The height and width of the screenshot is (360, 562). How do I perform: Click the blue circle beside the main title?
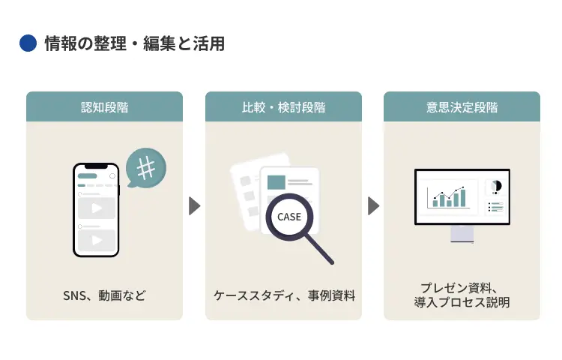tap(28, 44)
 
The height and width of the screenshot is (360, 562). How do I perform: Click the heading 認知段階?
tap(104, 107)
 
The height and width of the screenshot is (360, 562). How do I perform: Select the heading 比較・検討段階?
tap(283, 107)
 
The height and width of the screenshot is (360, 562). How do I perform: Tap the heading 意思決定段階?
tap(462, 107)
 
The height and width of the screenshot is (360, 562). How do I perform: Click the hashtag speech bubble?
tap(145, 167)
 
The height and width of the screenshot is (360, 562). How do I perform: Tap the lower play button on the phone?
tap(97, 240)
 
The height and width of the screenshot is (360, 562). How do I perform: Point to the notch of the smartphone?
tap(96, 166)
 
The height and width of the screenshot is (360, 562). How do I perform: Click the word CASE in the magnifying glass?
tap(289, 217)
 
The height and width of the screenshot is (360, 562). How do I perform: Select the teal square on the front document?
tap(277, 181)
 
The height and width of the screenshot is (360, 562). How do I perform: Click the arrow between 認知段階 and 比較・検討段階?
tap(194, 205)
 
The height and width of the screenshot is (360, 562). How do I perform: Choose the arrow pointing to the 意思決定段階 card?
tap(372, 205)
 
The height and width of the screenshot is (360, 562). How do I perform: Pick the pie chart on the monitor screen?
tap(495, 187)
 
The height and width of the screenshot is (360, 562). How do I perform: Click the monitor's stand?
tap(462, 233)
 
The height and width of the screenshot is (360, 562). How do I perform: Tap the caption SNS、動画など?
tap(104, 295)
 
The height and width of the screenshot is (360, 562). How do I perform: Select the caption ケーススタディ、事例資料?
tap(284, 295)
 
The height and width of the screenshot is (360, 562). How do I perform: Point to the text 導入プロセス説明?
tap(462, 303)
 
